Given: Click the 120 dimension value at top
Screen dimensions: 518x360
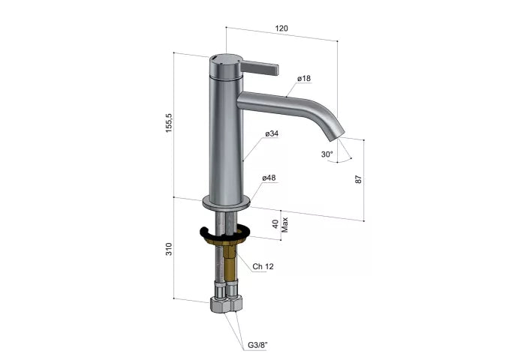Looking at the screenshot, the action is click(x=282, y=28).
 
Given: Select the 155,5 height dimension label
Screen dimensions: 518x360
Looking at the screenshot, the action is click(x=169, y=123).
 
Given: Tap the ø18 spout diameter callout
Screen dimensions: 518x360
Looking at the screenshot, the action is click(x=304, y=78).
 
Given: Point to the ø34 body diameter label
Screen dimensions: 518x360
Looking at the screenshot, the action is click(x=272, y=133).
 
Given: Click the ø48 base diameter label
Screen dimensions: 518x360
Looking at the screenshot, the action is click(x=269, y=178).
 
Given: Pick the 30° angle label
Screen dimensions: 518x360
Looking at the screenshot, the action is click(x=327, y=154).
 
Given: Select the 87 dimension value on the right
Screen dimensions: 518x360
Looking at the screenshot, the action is click(x=358, y=179).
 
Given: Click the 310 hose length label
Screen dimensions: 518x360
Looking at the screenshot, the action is click(x=169, y=249).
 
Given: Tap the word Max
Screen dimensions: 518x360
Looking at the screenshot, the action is click(x=285, y=225).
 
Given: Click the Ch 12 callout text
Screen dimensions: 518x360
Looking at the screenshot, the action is click(x=263, y=266).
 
